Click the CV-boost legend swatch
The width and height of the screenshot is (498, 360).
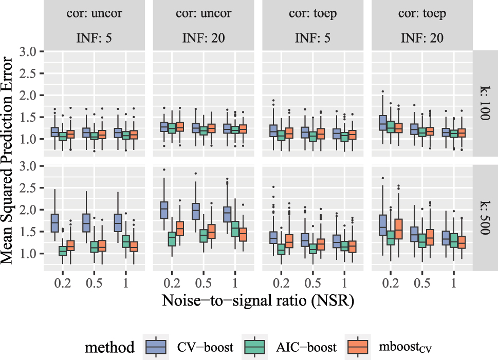[x=155, y=347]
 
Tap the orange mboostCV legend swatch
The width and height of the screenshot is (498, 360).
[x=358, y=347]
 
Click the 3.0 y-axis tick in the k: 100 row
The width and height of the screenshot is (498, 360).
[x=30, y=52]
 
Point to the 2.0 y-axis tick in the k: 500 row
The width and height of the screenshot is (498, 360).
[x=30, y=210]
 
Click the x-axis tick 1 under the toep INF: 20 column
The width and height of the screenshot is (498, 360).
[x=454, y=283]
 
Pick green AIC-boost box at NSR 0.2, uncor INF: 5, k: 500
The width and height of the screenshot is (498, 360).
[x=63, y=251]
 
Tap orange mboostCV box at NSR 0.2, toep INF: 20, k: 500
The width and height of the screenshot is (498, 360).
[x=399, y=228]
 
